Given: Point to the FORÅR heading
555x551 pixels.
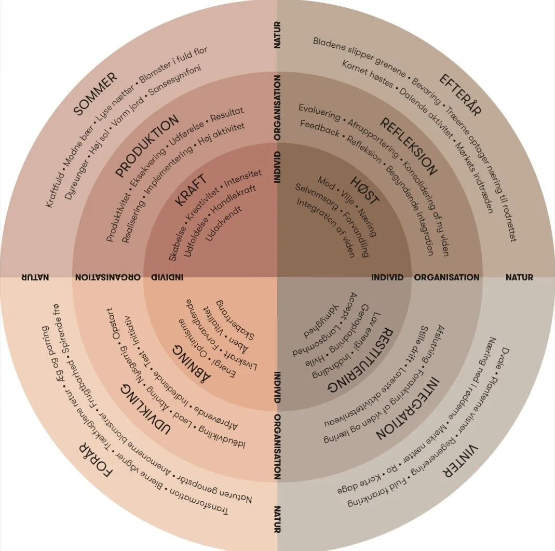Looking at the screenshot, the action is pyautogui.click(x=96, y=459).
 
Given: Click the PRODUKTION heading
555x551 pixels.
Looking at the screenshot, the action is pyautogui.click(x=147, y=146).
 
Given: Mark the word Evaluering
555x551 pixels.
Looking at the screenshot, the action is pyautogui.click(x=319, y=111).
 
